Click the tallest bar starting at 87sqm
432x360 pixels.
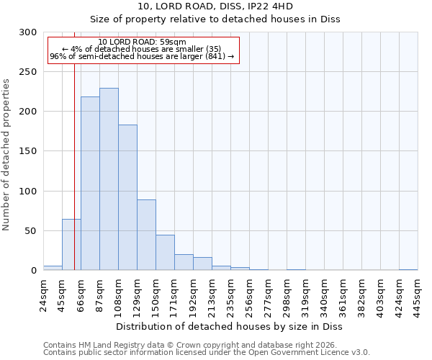pyautogui.click(x=109, y=179)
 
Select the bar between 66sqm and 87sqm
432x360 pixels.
pyautogui.click(x=90, y=184)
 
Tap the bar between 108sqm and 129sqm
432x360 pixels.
pyautogui.click(x=127, y=197)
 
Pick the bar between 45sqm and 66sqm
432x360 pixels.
pyautogui.click(x=71, y=245)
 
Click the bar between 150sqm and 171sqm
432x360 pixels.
pyautogui.click(x=165, y=253)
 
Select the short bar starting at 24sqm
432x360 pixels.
pyautogui.click(x=53, y=268)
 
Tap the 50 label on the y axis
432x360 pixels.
pyautogui.click(x=31, y=231)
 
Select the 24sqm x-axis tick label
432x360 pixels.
pyautogui.click(x=43, y=294)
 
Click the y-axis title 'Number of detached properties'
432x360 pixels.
pyautogui.click(x=6, y=155)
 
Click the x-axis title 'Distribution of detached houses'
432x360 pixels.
pyautogui.click(x=229, y=327)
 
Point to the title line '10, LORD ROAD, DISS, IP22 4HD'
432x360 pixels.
pyautogui.click(x=215, y=6)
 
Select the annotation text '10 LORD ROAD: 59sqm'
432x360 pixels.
pyautogui.click(x=142, y=42)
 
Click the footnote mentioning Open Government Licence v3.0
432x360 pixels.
pyautogui.click(x=207, y=353)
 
